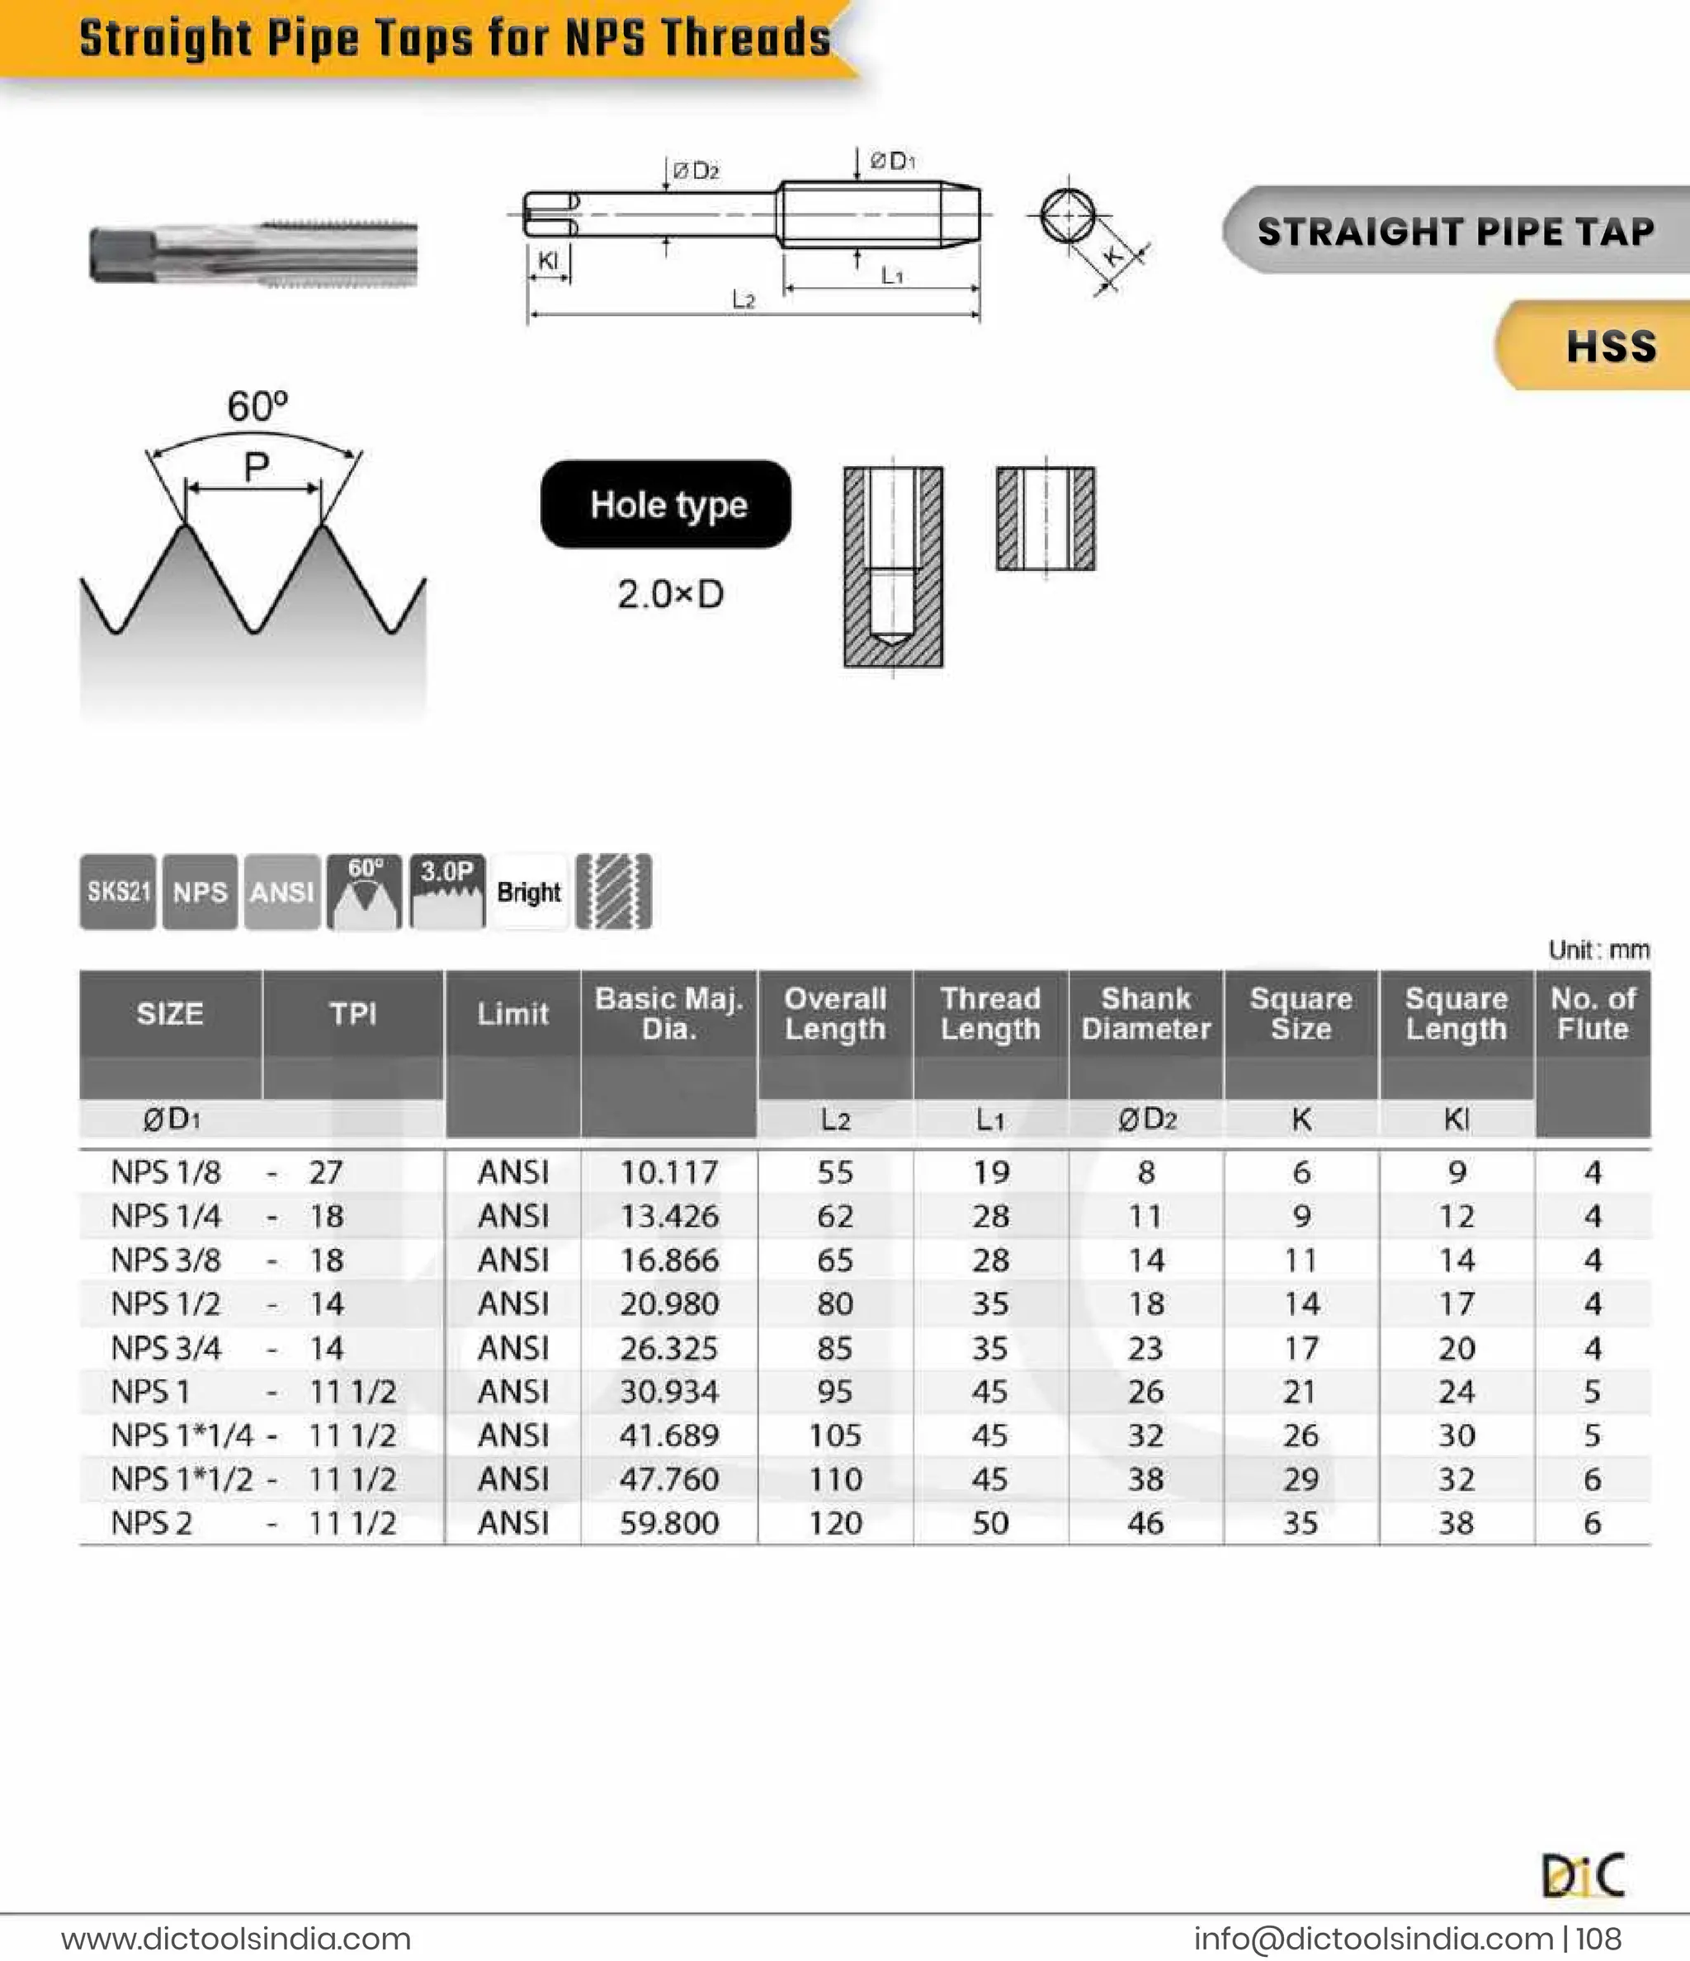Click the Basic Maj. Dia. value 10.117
pyautogui.click(x=668, y=1172)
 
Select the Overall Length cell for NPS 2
pyautogui.click(x=834, y=1523)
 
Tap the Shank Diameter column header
pyautogui.click(x=1145, y=1014)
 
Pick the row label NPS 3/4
pyautogui.click(x=166, y=1348)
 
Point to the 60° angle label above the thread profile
pyautogui.click(x=257, y=407)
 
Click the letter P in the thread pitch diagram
pyautogui.click(x=256, y=467)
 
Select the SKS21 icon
pyautogui.click(x=118, y=892)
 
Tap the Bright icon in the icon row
pyautogui.click(x=528, y=892)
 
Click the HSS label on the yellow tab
pyautogui.click(x=1611, y=346)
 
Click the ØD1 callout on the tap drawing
pyautogui.click(x=892, y=161)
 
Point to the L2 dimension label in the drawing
pyautogui.click(x=744, y=300)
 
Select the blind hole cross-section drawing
pyautogui.click(x=893, y=566)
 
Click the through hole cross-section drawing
pyautogui.click(x=1046, y=519)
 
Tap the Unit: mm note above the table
pyautogui.click(x=1598, y=950)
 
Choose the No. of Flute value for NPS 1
pyautogui.click(x=1593, y=1391)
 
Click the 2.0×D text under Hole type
pyautogui.click(x=670, y=594)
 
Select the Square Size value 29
pyautogui.click(x=1300, y=1479)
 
